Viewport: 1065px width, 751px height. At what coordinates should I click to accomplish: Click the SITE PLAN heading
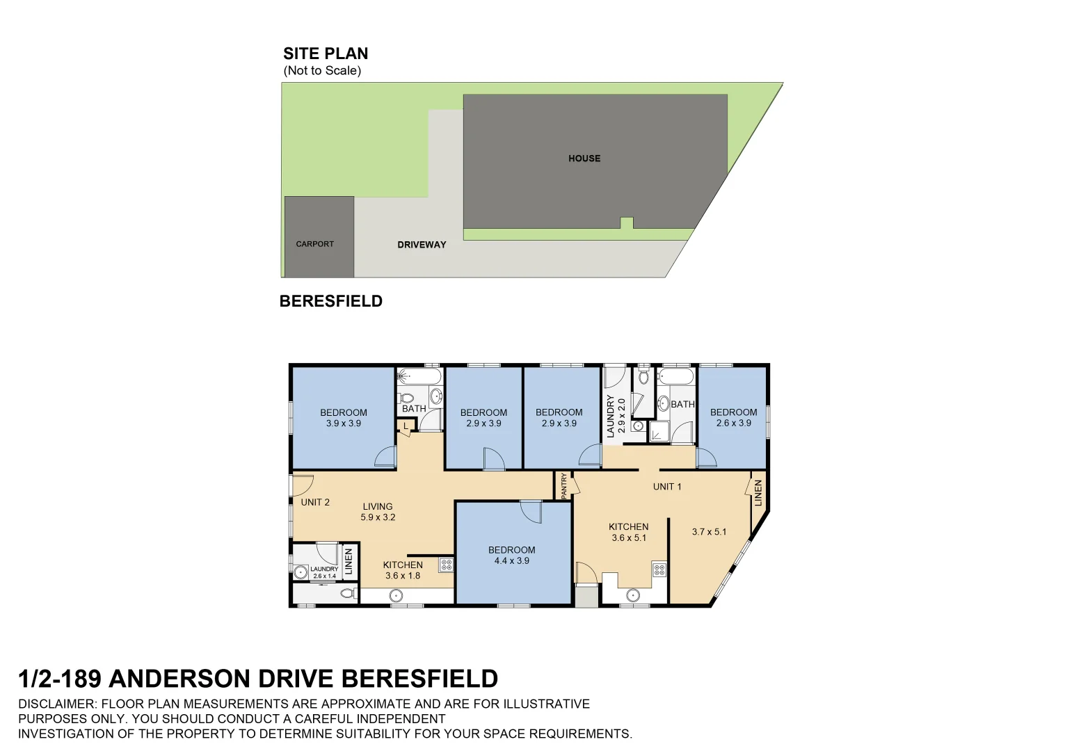click(326, 54)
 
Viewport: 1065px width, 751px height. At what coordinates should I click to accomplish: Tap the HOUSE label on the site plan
click(584, 159)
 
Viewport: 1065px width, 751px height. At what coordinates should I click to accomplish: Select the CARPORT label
click(315, 244)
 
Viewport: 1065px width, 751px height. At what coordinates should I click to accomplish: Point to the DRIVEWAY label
click(422, 245)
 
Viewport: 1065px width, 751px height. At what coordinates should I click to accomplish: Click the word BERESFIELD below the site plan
click(331, 301)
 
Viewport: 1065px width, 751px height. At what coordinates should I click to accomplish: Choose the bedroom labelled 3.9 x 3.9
click(344, 418)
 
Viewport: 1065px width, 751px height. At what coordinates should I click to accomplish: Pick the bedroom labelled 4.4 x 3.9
click(512, 556)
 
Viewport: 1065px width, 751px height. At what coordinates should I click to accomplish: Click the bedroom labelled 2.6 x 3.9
click(734, 417)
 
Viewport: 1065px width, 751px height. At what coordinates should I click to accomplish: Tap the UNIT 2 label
click(315, 502)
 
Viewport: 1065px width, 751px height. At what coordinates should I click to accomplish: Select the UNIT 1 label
click(667, 487)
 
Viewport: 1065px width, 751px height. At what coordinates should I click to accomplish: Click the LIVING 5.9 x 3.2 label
click(378, 512)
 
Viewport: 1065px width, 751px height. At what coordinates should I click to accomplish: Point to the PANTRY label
click(564, 485)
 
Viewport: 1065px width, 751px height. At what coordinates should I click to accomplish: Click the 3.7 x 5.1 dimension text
click(709, 532)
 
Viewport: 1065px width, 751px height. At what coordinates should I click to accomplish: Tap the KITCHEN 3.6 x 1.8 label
click(403, 570)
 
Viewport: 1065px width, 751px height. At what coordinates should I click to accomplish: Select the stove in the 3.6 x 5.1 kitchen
click(659, 571)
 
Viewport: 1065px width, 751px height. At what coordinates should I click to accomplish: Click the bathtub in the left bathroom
click(419, 377)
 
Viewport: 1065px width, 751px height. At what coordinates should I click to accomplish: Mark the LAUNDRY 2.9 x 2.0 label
click(616, 417)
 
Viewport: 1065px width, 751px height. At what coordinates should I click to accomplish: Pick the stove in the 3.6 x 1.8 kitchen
click(447, 565)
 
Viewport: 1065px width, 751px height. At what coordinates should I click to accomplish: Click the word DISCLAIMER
click(58, 704)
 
